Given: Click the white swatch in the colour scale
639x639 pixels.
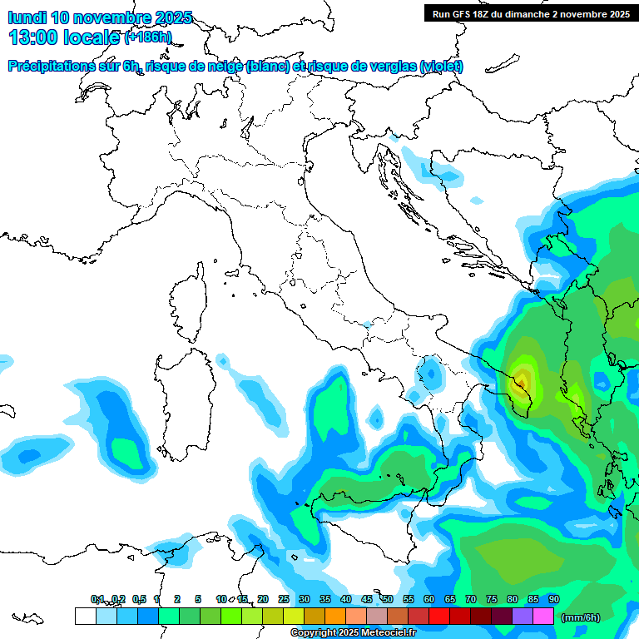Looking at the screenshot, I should click(85, 616).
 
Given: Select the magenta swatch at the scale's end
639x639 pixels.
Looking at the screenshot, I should click(543, 616).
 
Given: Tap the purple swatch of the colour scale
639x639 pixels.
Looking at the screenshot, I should click(523, 616).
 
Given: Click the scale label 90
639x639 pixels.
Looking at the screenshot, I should click(553, 599).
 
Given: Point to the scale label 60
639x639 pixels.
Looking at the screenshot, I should click(428, 599).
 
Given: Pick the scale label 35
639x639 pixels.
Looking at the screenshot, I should click(324, 599).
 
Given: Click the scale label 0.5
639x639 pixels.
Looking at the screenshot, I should click(139, 599).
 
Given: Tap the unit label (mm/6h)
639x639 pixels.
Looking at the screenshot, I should click(582, 617).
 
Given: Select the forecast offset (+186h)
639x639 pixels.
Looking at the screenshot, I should click(147, 37).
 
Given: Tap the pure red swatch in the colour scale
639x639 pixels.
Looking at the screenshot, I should click(439, 616).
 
